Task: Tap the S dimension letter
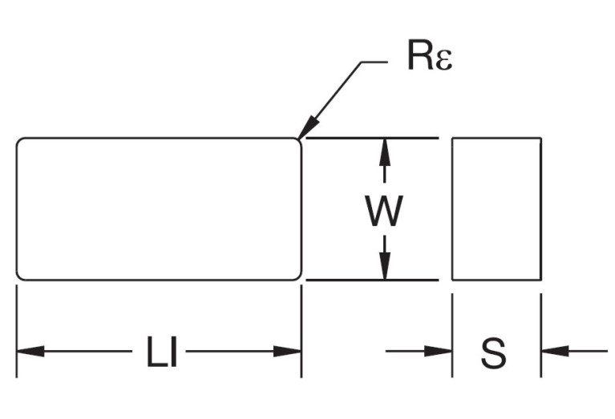494,353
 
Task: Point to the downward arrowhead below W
385,267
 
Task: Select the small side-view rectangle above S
496,209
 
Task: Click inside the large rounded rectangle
159,209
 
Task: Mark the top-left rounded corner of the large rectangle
20,142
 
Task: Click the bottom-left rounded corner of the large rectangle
20,276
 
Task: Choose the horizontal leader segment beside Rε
382,62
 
